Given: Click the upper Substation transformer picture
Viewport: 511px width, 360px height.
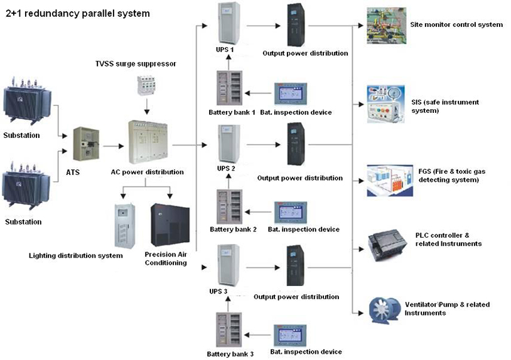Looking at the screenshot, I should point(29,103).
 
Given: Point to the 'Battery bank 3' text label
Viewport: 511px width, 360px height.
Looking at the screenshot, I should point(230,354).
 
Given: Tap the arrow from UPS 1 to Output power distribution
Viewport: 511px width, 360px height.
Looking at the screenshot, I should point(261,25).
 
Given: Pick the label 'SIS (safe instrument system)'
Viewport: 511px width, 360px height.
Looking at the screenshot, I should point(444,106).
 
